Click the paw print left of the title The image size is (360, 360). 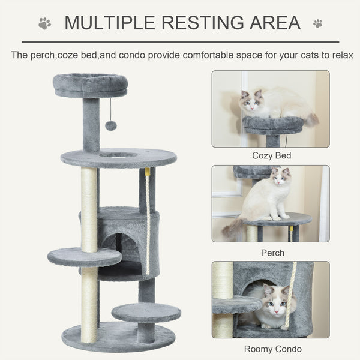pos(45,23)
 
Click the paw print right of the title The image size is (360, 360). pos(317,23)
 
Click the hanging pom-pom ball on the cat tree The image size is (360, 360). pos(111,125)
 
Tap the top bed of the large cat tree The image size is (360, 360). pos(90,85)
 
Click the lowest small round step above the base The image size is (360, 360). pos(146,312)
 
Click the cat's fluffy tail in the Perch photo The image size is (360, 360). pos(232,227)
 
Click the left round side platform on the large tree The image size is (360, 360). pos(84,256)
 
